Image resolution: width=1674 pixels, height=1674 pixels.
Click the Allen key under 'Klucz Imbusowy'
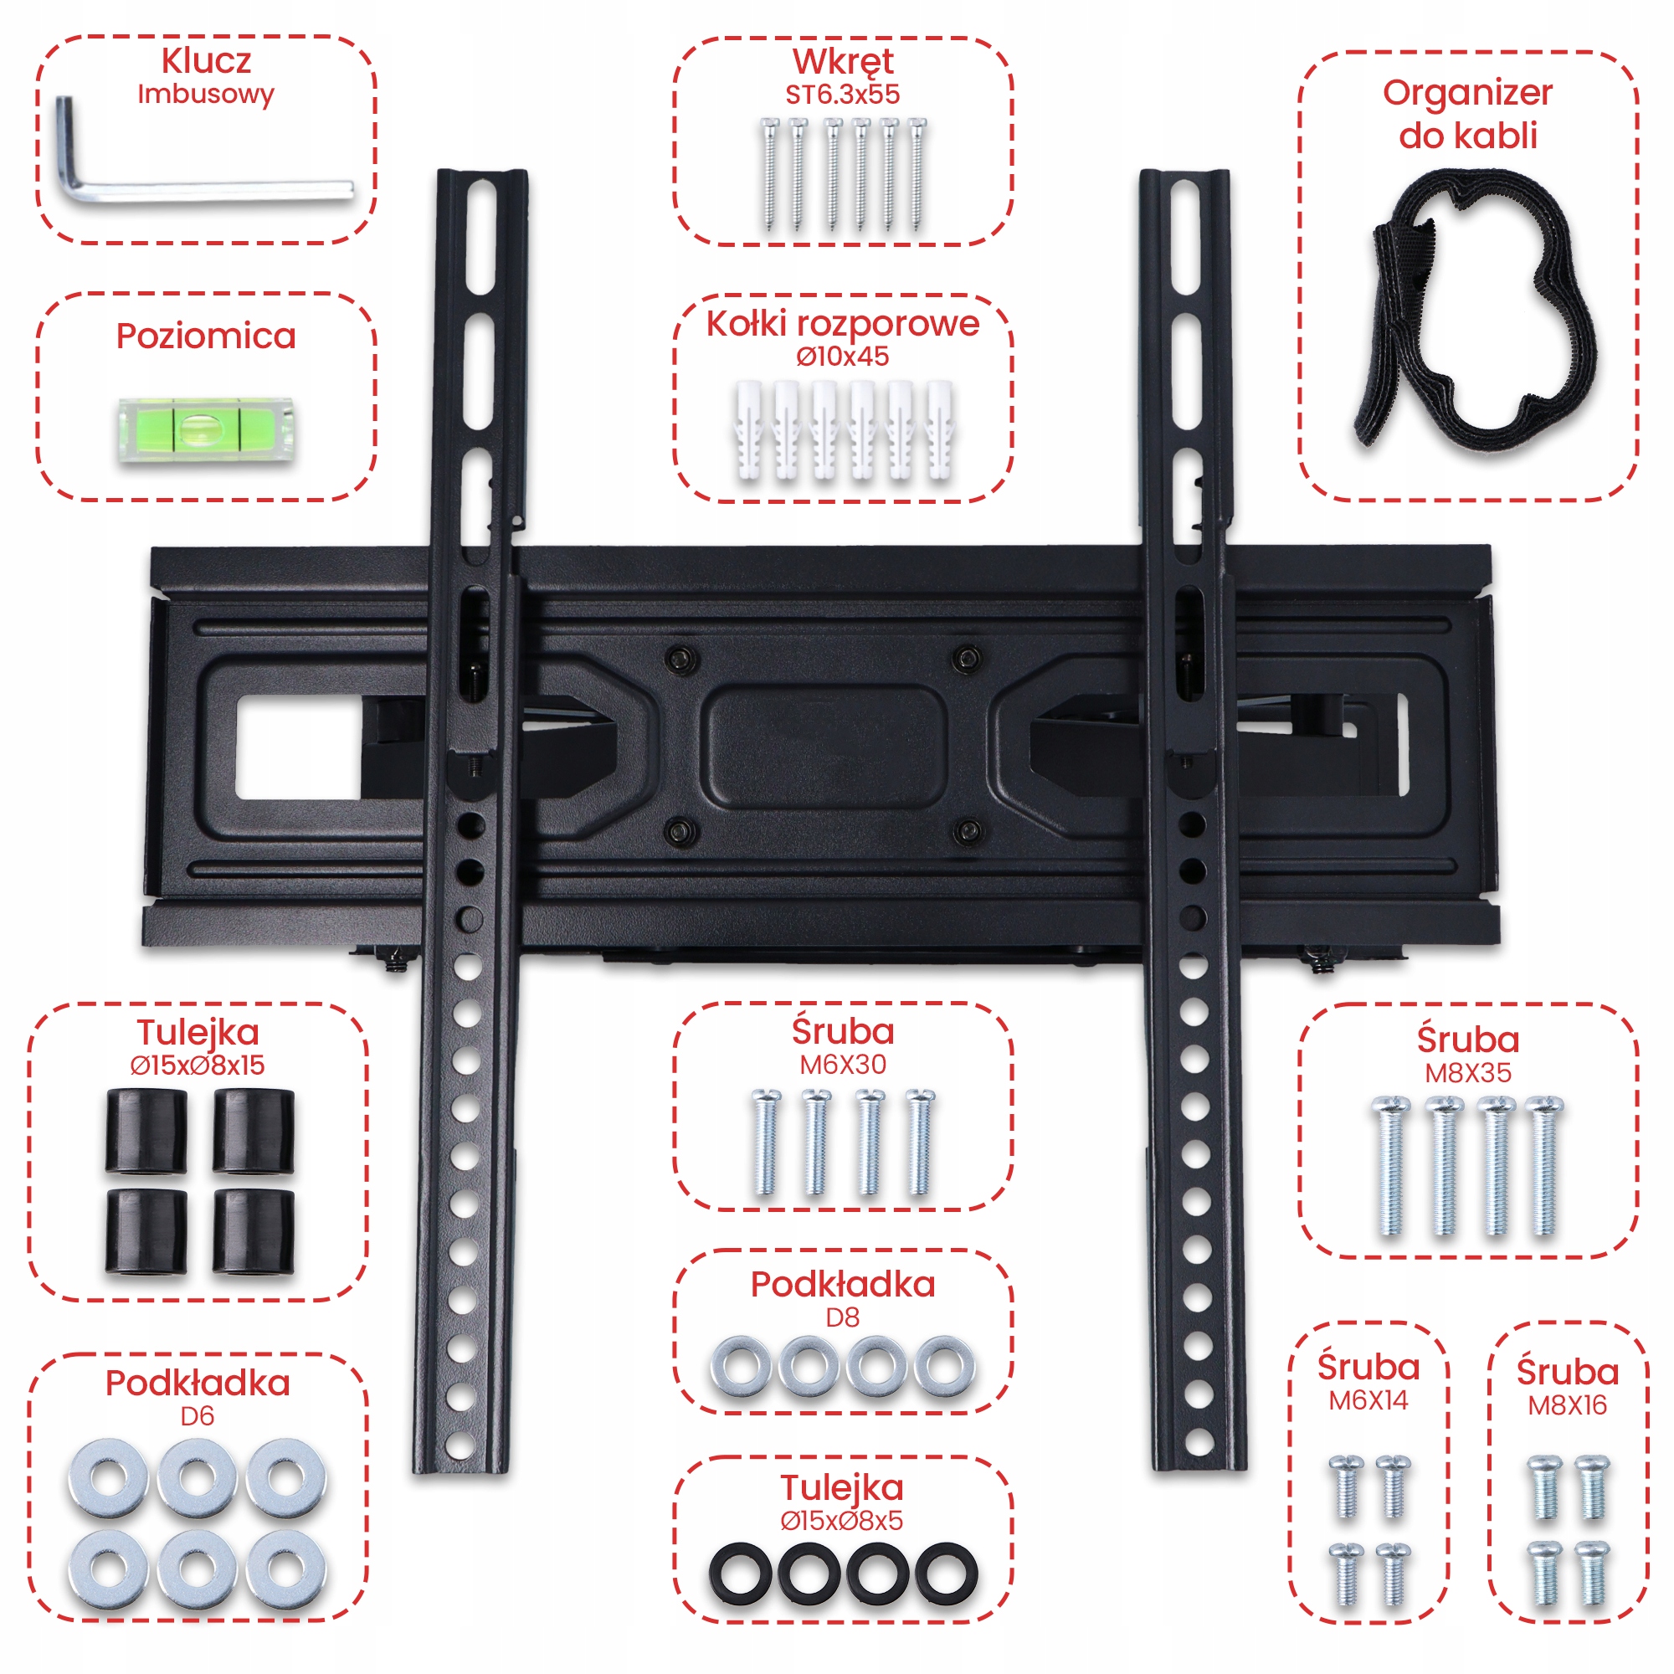[208, 189]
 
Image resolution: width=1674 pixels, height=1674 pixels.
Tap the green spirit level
[205, 429]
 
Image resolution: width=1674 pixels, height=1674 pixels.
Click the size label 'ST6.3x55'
[842, 95]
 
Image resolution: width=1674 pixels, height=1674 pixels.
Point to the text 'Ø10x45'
[842, 356]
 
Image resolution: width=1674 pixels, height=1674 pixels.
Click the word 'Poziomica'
[206, 336]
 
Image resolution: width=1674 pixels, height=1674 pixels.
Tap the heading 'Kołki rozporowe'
[842, 323]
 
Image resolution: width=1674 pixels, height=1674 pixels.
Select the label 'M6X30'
[842, 1064]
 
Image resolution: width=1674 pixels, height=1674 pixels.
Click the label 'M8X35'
[1468, 1073]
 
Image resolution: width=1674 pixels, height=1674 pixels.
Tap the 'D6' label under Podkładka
[197, 1416]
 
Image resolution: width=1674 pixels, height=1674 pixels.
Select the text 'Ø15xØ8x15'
[198, 1065]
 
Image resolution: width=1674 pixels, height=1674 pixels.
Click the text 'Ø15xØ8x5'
[841, 1520]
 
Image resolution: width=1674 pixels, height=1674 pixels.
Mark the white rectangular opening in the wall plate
[298, 747]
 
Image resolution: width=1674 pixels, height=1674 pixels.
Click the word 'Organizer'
[1467, 93]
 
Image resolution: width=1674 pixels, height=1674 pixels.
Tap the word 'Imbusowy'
[205, 94]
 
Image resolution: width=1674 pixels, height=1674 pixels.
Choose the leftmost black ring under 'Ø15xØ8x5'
[739, 1574]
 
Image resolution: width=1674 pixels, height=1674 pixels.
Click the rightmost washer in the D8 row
[944, 1368]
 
